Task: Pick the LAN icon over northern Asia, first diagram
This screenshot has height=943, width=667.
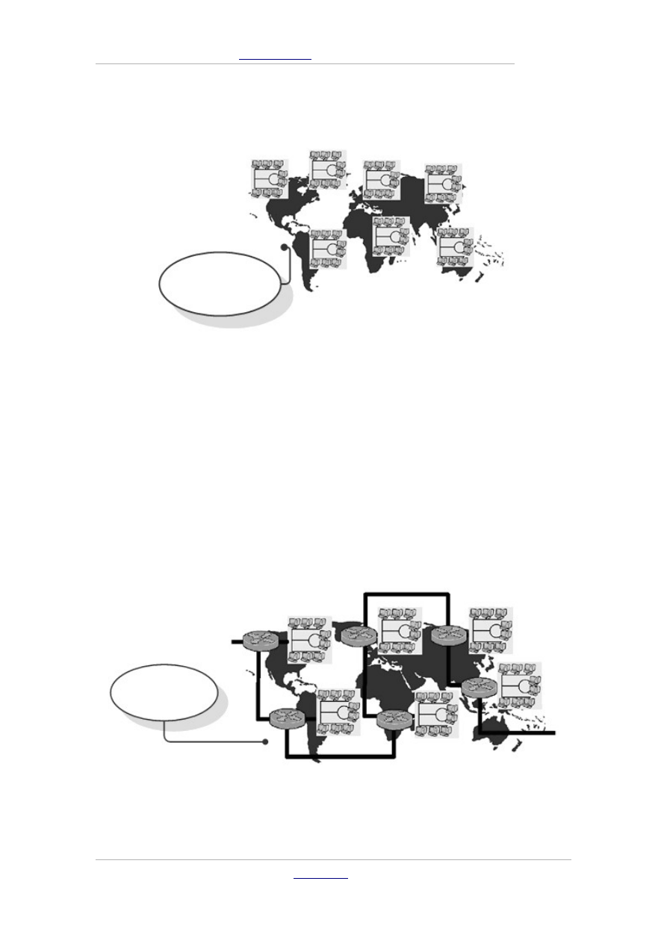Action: [x=444, y=184]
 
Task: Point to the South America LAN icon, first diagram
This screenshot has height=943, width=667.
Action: [x=328, y=248]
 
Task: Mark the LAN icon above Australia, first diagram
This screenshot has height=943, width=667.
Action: [x=455, y=246]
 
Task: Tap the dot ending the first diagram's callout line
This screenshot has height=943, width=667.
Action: [x=283, y=247]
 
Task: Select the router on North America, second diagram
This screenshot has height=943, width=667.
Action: [x=261, y=641]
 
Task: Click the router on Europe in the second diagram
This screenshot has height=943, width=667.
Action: [x=358, y=635]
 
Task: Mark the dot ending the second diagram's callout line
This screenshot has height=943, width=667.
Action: [x=266, y=742]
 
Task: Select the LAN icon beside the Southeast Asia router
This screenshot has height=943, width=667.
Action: [x=520, y=685]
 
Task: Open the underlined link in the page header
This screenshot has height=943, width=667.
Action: [x=275, y=57]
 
